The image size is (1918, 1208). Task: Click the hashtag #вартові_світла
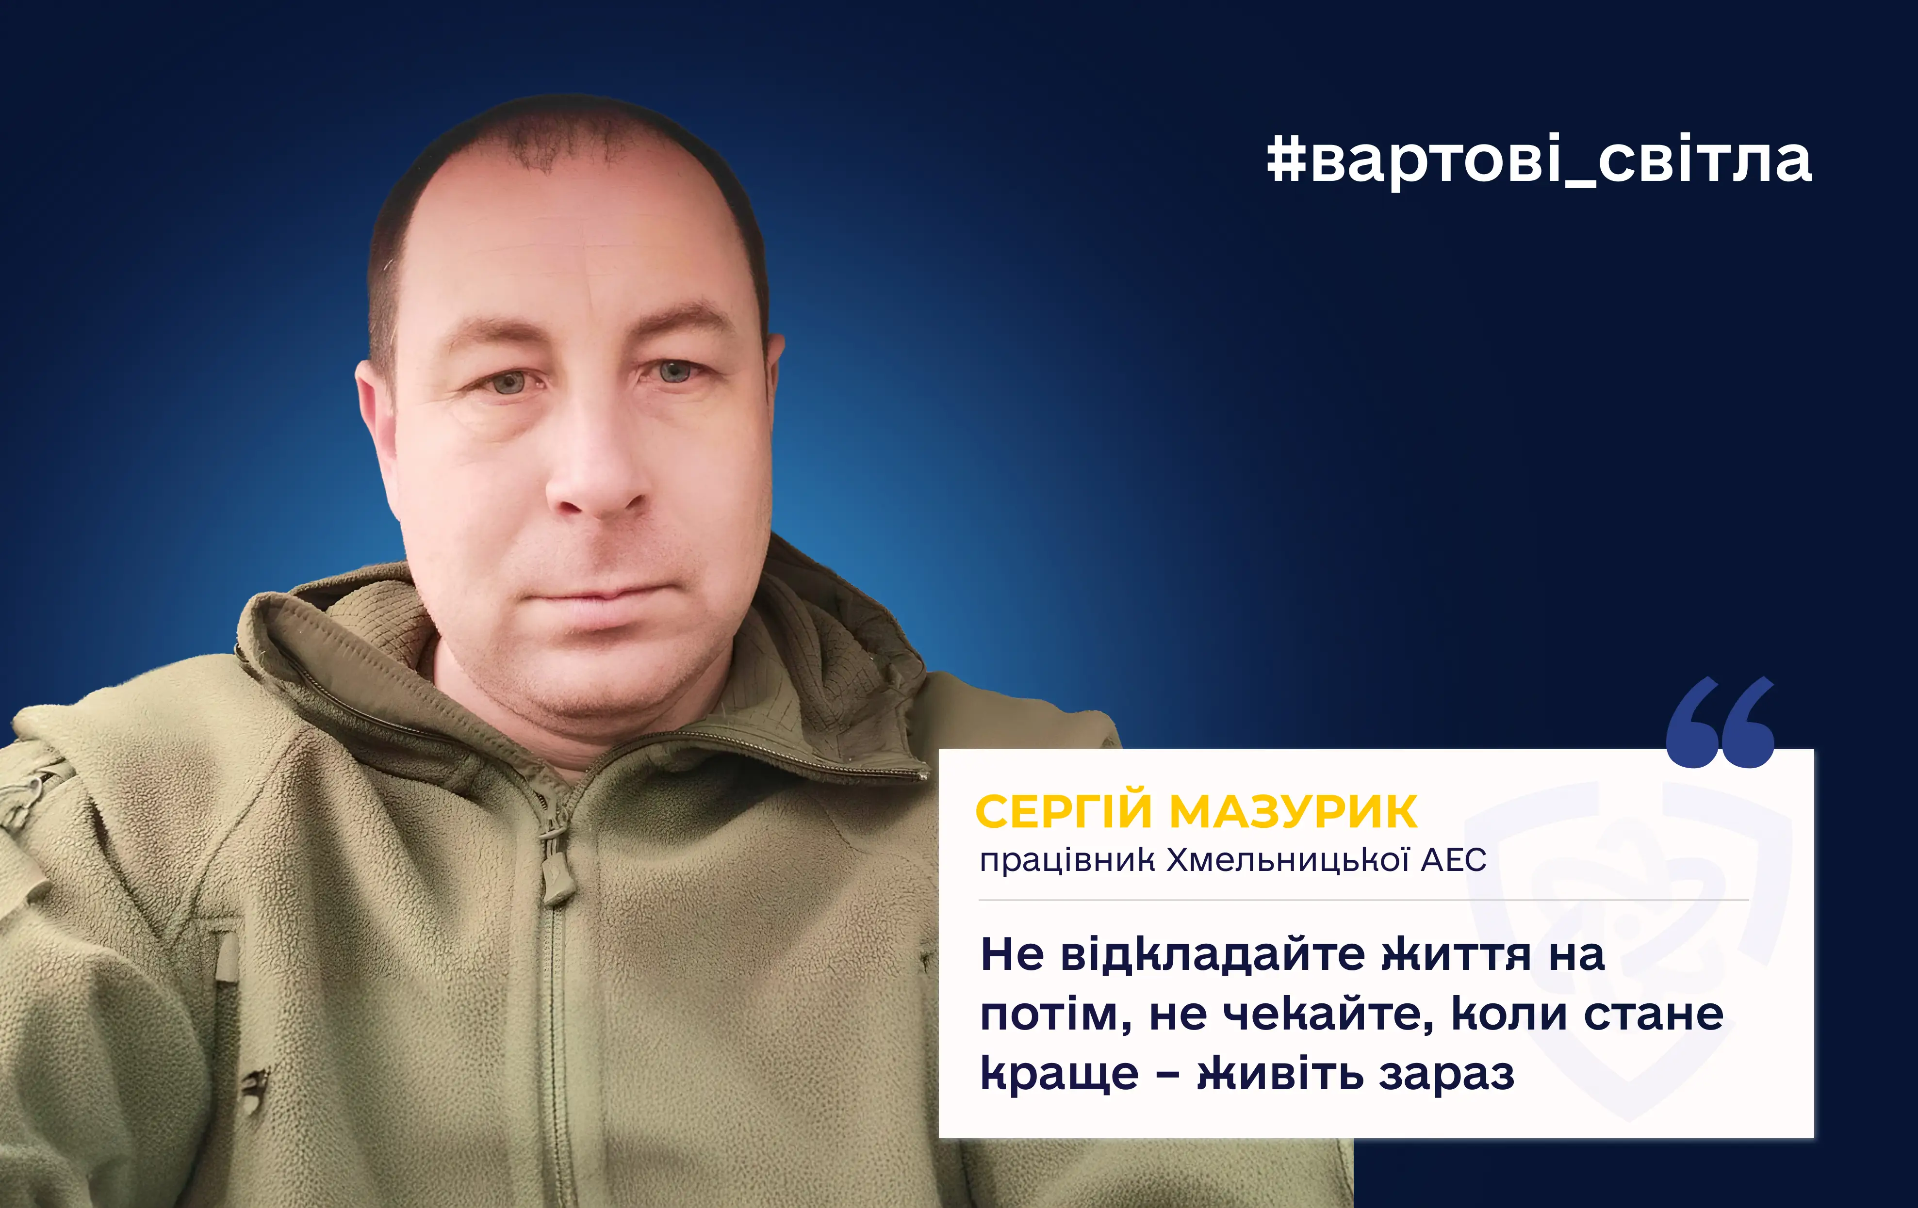click(x=1539, y=161)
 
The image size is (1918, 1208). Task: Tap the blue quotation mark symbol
click(x=1721, y=722)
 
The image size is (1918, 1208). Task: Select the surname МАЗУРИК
click(x=1294, y=812)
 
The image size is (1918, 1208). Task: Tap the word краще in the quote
click(x=1059, y=1075)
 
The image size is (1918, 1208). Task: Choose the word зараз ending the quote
click(x=1446, y=1075)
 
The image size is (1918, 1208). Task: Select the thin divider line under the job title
click(x=1363, y=901)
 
